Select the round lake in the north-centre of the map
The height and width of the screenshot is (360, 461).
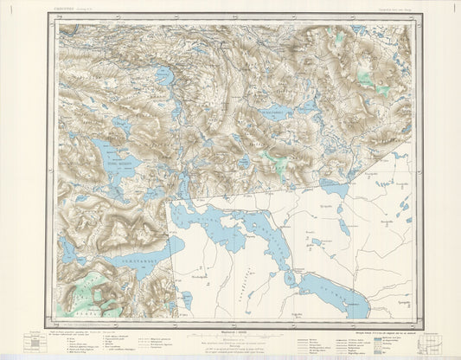click(x=163, y=75)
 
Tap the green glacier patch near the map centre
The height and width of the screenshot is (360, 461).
click(x=276, y=161)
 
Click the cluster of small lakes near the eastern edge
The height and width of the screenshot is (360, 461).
click(x=403, y=208)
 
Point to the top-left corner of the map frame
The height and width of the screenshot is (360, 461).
click(x=58, y=24)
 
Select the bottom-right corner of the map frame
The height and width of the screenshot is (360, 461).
click(x=413, y=318)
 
